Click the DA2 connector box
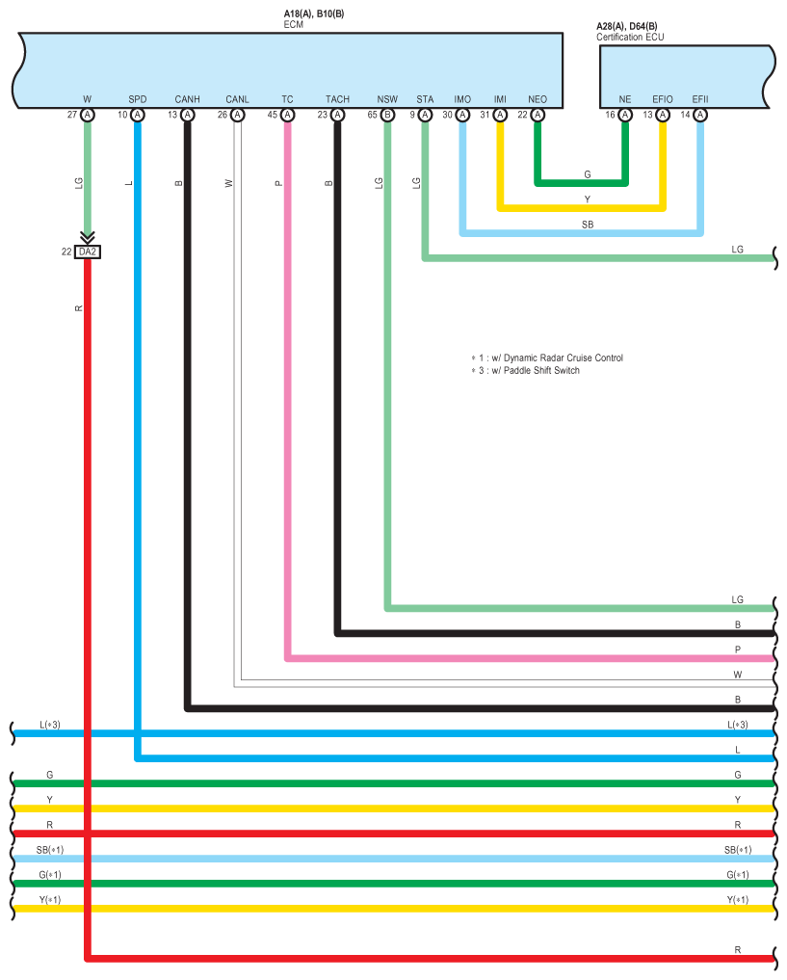pyautogui.click(x=88, y=252)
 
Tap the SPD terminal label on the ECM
pyautogui.click(x=138, y=99)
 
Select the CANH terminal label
pyautogui.click(x=188, y=99)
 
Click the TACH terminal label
pyautogui.click(x=337, y=99)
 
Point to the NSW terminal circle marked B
pyautogui.click(x=388, y=115)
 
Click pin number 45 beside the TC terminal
pyautogui.click(x=273, y=115)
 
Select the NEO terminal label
pyautogui.click(x=538, y=99)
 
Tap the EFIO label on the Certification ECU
pyautogui.click(x=663, y=99)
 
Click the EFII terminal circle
pyautogui.click(x=700, y=115)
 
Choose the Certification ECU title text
pyautogui.click(x=630, y=37)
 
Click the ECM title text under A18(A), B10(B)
pyautogui.click(x=294, y=24)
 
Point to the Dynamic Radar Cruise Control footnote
pyautogui.click(x=547, y=358)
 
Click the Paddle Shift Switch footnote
pyautogui.click(x=525, y=371)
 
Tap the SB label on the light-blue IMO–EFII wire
pyautogui.click(x=588, y=225)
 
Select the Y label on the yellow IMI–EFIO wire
pyautogui.click(x=588, y=199)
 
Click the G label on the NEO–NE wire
pyautogui.click(x=588, y=174)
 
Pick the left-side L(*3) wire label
pyautogui.click(x=50, y=725)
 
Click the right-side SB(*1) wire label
pyautogui.click(x=738, y=850)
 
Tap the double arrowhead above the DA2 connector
pyautogui.click(x=88, y=237)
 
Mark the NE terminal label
pyautogui.click(x=625, y=99)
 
